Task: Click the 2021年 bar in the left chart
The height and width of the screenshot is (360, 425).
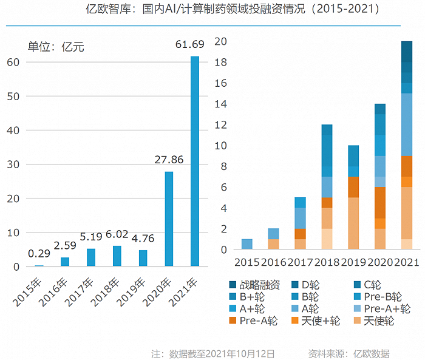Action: (x=195, y=161)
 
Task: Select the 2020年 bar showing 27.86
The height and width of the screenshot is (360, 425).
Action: (x=169, y=219)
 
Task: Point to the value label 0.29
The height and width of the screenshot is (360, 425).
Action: (x=38, y=253)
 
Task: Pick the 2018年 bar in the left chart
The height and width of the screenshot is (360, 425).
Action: (x=117, y=256)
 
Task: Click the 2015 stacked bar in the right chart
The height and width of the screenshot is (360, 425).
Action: (x=246, y=244)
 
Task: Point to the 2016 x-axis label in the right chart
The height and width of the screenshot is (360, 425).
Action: (x=273, y=263)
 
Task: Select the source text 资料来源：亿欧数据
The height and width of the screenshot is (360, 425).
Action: (x=348, y=353)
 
